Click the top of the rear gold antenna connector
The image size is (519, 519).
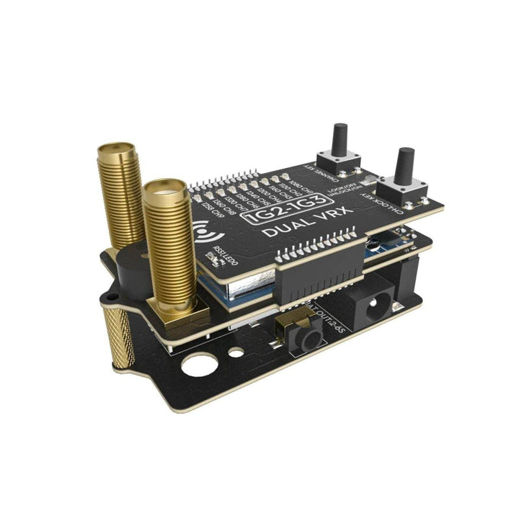pyautogui.click(x=116, y=153)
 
